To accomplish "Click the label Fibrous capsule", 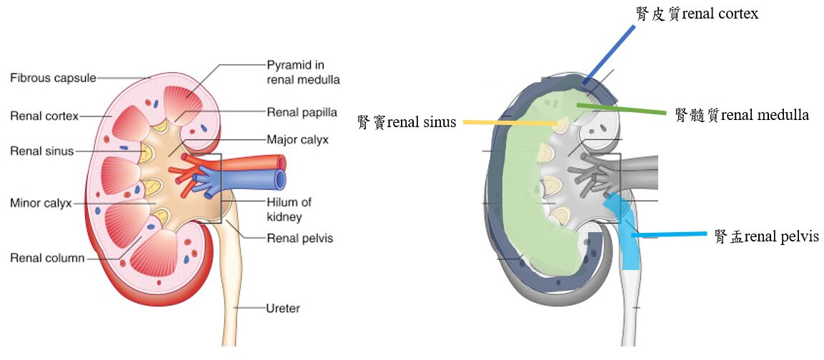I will point(53,78).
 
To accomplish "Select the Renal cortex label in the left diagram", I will point(44,116).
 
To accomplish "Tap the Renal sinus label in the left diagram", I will point(42,151).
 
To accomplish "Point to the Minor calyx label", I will point(41,203).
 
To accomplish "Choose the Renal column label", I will point(47,258).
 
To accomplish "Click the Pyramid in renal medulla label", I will point(303,72).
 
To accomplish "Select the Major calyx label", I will point(297,139).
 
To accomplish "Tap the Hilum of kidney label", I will point(289,209).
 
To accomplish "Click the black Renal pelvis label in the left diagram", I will point(299,238).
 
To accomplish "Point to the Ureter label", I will point(283,309).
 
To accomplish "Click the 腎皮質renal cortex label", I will point(697,14).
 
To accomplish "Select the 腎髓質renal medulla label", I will point(742,115).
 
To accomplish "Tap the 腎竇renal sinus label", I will point(407,122).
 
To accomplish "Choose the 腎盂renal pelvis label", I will point(766,236).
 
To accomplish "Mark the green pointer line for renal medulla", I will point(622,109).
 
